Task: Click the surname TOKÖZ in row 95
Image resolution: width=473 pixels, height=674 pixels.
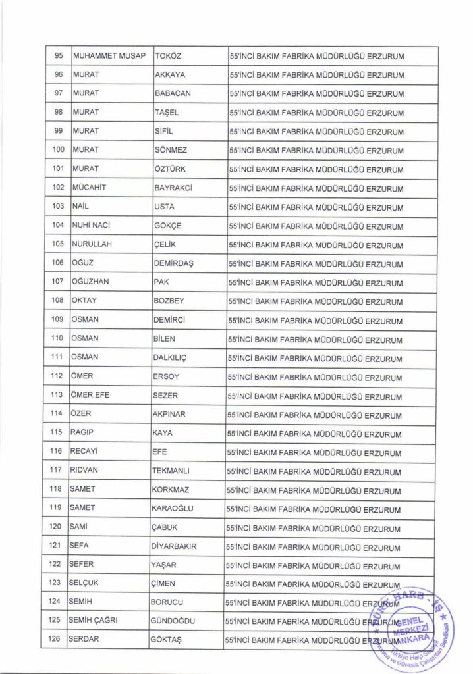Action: click(x=168, y=56)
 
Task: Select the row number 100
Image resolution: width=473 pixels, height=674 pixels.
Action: click(x=58, y=150)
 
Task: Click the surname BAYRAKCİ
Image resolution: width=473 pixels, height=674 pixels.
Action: click(x=172, y=188)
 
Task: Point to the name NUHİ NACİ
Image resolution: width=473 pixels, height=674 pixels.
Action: click(x=90, y=225)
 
